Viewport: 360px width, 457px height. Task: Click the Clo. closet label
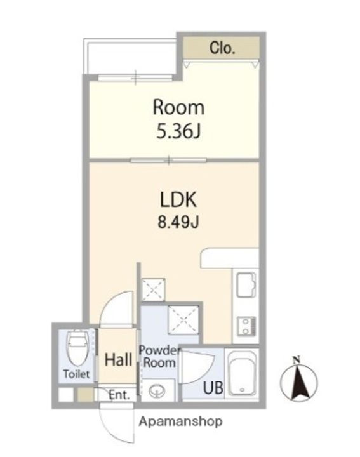[222, 48]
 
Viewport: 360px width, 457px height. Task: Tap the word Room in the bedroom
[178, 107]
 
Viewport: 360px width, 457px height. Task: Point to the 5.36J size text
[178, 131]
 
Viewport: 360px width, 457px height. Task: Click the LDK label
[178, 200]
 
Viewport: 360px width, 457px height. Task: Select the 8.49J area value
[178, 222]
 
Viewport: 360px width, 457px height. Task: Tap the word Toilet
[76, 374]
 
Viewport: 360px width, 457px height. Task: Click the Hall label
[118, 360]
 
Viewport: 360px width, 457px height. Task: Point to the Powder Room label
[159, 357]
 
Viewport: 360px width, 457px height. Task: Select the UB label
[213, 388]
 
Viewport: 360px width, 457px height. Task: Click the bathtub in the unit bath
[242, 374]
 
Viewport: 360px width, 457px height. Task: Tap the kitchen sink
[246, 284]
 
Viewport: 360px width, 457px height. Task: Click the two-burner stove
[246, 326]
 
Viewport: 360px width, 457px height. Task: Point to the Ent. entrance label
[119, 395]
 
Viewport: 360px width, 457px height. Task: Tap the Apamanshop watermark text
[180, 421]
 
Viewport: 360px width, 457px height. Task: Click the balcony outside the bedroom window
[130, 56]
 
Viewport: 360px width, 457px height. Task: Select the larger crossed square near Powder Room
[183, 319]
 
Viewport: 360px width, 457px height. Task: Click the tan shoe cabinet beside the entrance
[86, 395]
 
